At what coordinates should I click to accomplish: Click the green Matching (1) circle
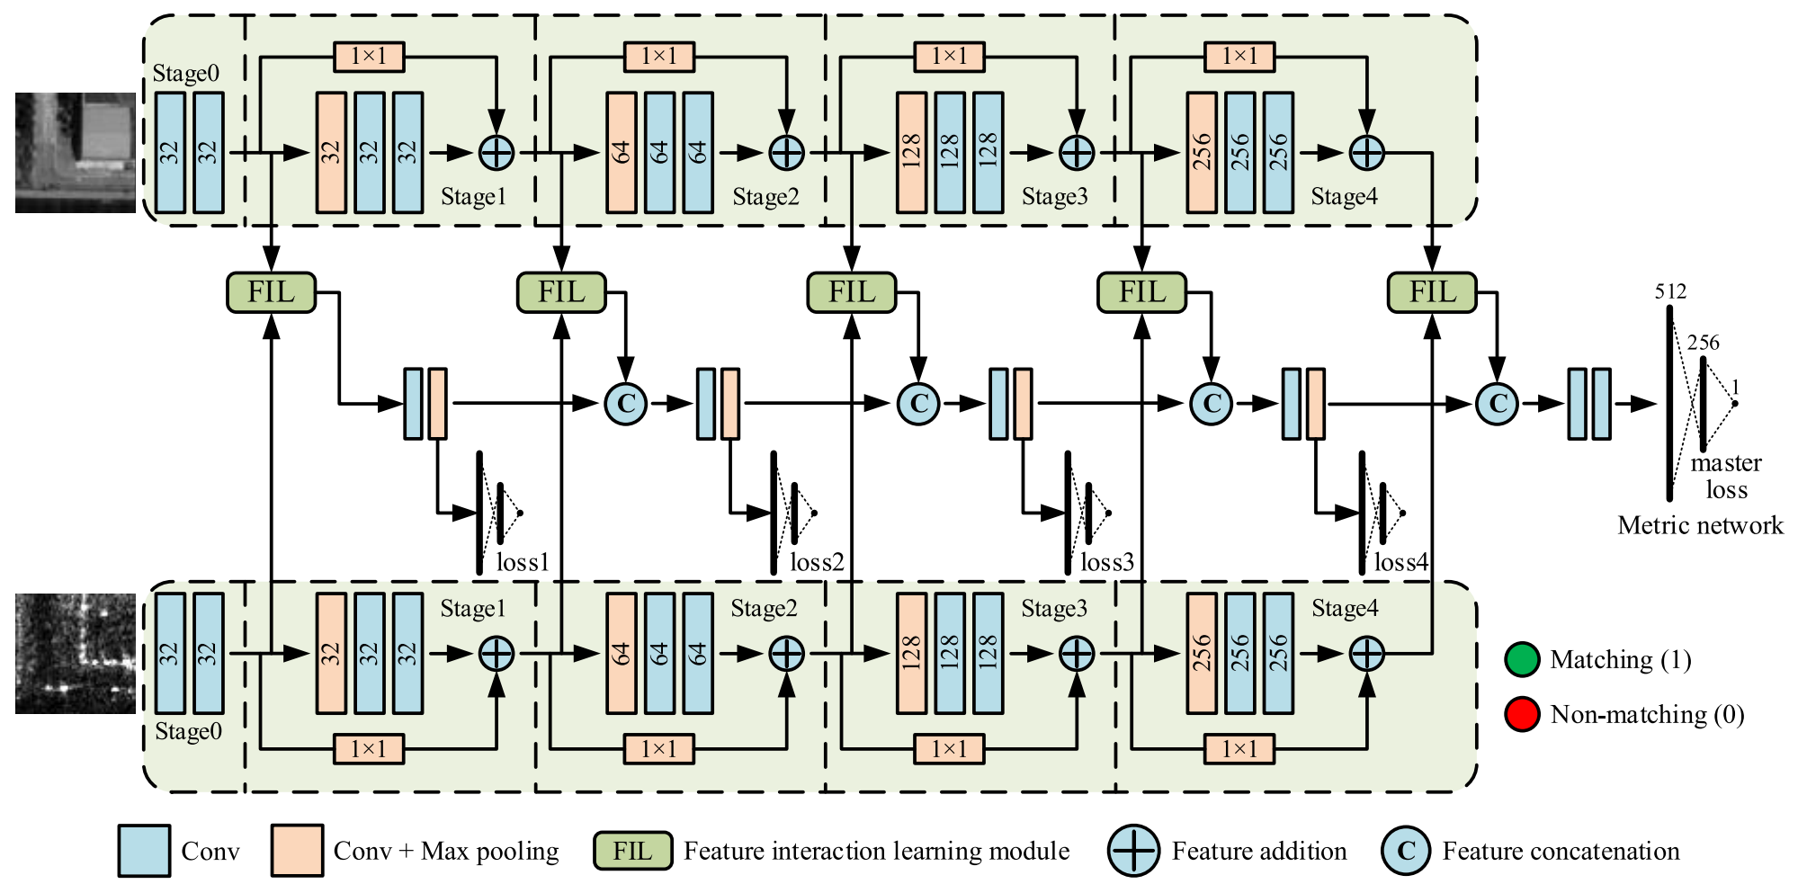[1522, 660]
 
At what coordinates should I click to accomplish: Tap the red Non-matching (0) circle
[1522, 715]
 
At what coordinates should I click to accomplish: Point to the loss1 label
[523, 563]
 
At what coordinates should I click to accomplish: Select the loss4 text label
[1401, 563]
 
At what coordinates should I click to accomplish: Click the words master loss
[1726, 477]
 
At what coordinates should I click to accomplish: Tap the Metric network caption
[1700, 525]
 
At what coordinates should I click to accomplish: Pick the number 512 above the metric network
[1670, 291]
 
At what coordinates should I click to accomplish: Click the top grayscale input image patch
[76, 153]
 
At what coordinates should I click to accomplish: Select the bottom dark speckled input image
[76, 654]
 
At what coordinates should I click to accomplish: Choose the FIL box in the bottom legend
[632, 851]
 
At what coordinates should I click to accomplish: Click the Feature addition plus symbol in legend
[1133, 851]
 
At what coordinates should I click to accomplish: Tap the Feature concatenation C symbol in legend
[1406, 851]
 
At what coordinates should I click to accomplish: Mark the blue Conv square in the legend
[144, 851]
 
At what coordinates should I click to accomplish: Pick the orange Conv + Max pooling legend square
[297, 851]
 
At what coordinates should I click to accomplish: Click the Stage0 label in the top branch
[185, 74]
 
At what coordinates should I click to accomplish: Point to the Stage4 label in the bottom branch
[1345, 609]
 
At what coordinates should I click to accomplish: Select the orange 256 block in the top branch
[1202, 153]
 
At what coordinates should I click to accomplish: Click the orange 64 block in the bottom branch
[622, 654]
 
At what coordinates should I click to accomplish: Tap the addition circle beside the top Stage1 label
[496, 153]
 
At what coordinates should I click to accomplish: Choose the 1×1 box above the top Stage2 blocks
[659, 57]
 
